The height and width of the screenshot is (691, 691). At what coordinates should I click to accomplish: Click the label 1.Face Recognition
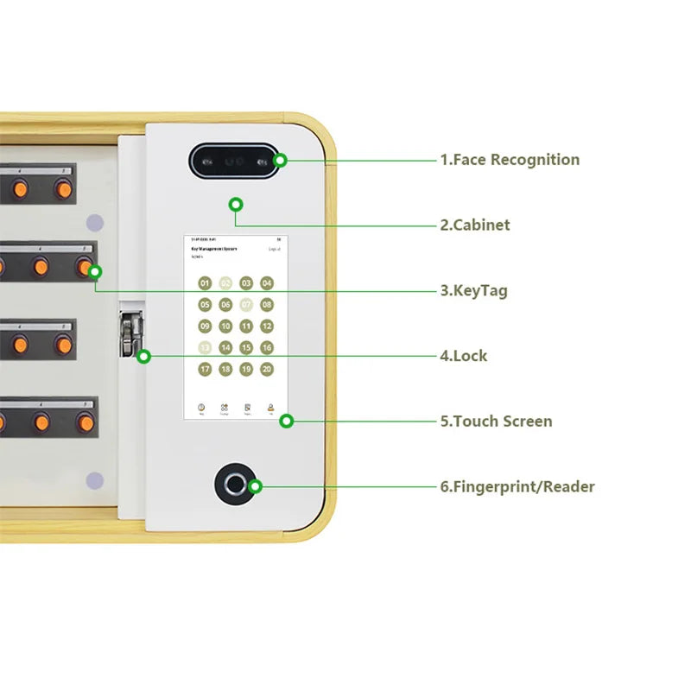click(510, 160)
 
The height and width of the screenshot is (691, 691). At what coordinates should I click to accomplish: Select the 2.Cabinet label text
click(475, 225)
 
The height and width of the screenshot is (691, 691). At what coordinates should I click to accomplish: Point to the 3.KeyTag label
click(474, 291)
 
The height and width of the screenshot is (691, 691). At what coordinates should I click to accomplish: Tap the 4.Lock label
click(464, 356)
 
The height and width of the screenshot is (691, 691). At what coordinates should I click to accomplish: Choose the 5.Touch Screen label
click(496, 422)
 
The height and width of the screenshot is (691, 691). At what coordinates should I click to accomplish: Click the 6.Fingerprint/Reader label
click(517, 487)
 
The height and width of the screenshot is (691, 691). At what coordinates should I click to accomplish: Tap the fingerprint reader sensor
click(235, 485)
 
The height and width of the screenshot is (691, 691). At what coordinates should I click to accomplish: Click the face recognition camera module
click(234, 161)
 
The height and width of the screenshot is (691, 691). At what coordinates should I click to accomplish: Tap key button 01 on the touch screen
click(205, 283)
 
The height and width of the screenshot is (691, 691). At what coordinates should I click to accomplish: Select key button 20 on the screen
click(267, 369)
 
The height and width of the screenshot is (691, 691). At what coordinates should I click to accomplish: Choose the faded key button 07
click(246, 304)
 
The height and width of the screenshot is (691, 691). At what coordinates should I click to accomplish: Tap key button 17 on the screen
click(205, 369)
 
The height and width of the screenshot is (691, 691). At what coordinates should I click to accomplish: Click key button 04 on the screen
click(267, 283)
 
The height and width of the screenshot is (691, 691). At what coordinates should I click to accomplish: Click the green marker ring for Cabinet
click(235, 205)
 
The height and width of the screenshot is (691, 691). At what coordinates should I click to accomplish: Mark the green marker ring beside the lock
click(143, 356)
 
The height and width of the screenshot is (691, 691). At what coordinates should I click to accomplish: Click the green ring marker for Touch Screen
click(287, 422)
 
